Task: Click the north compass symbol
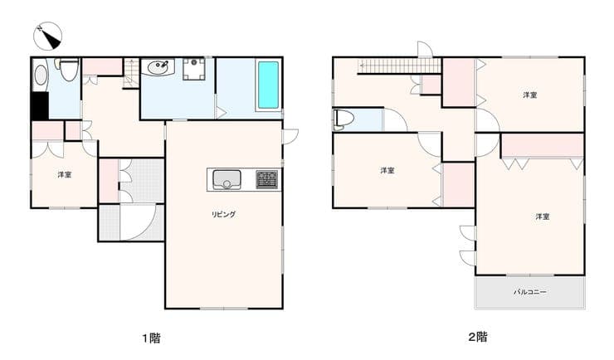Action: pyautogui.click(x=47, y=36)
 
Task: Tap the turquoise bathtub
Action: pyautogui.click(x=268, y=85)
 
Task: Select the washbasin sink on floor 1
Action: pyautogui.click(x=158, y=67)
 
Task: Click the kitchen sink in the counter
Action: pyautogui.click(x=227, y=180)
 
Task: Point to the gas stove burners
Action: pyautogui.click(x=267, y=180)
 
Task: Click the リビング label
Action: pyautogui.click(x=223, y=214)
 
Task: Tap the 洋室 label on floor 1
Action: pyautogui.click(x=65, y=174)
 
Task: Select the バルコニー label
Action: pyautogui.click(x=530, y=292)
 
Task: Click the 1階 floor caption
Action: pyautogui.click(x=151, y=338)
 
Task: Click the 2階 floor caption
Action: pyautogui.click(x=478, y=337)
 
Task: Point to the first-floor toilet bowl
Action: pyautogui.click(x=70, y=70)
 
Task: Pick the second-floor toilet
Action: pyautogui.click(x=344, y=119)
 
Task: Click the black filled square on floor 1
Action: pyautogui.click(x=40, y=106)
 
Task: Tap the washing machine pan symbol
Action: pyautogui.click(x=194, y=69)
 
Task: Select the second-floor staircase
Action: pyautogui.click(x=400, y=66)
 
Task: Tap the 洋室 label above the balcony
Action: pyautogui.click(x=543, y=216)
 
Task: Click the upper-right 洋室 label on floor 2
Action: pyautogui.click(x=530, y=95)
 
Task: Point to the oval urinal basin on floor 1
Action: pyautogui.click(x=41, y=75)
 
